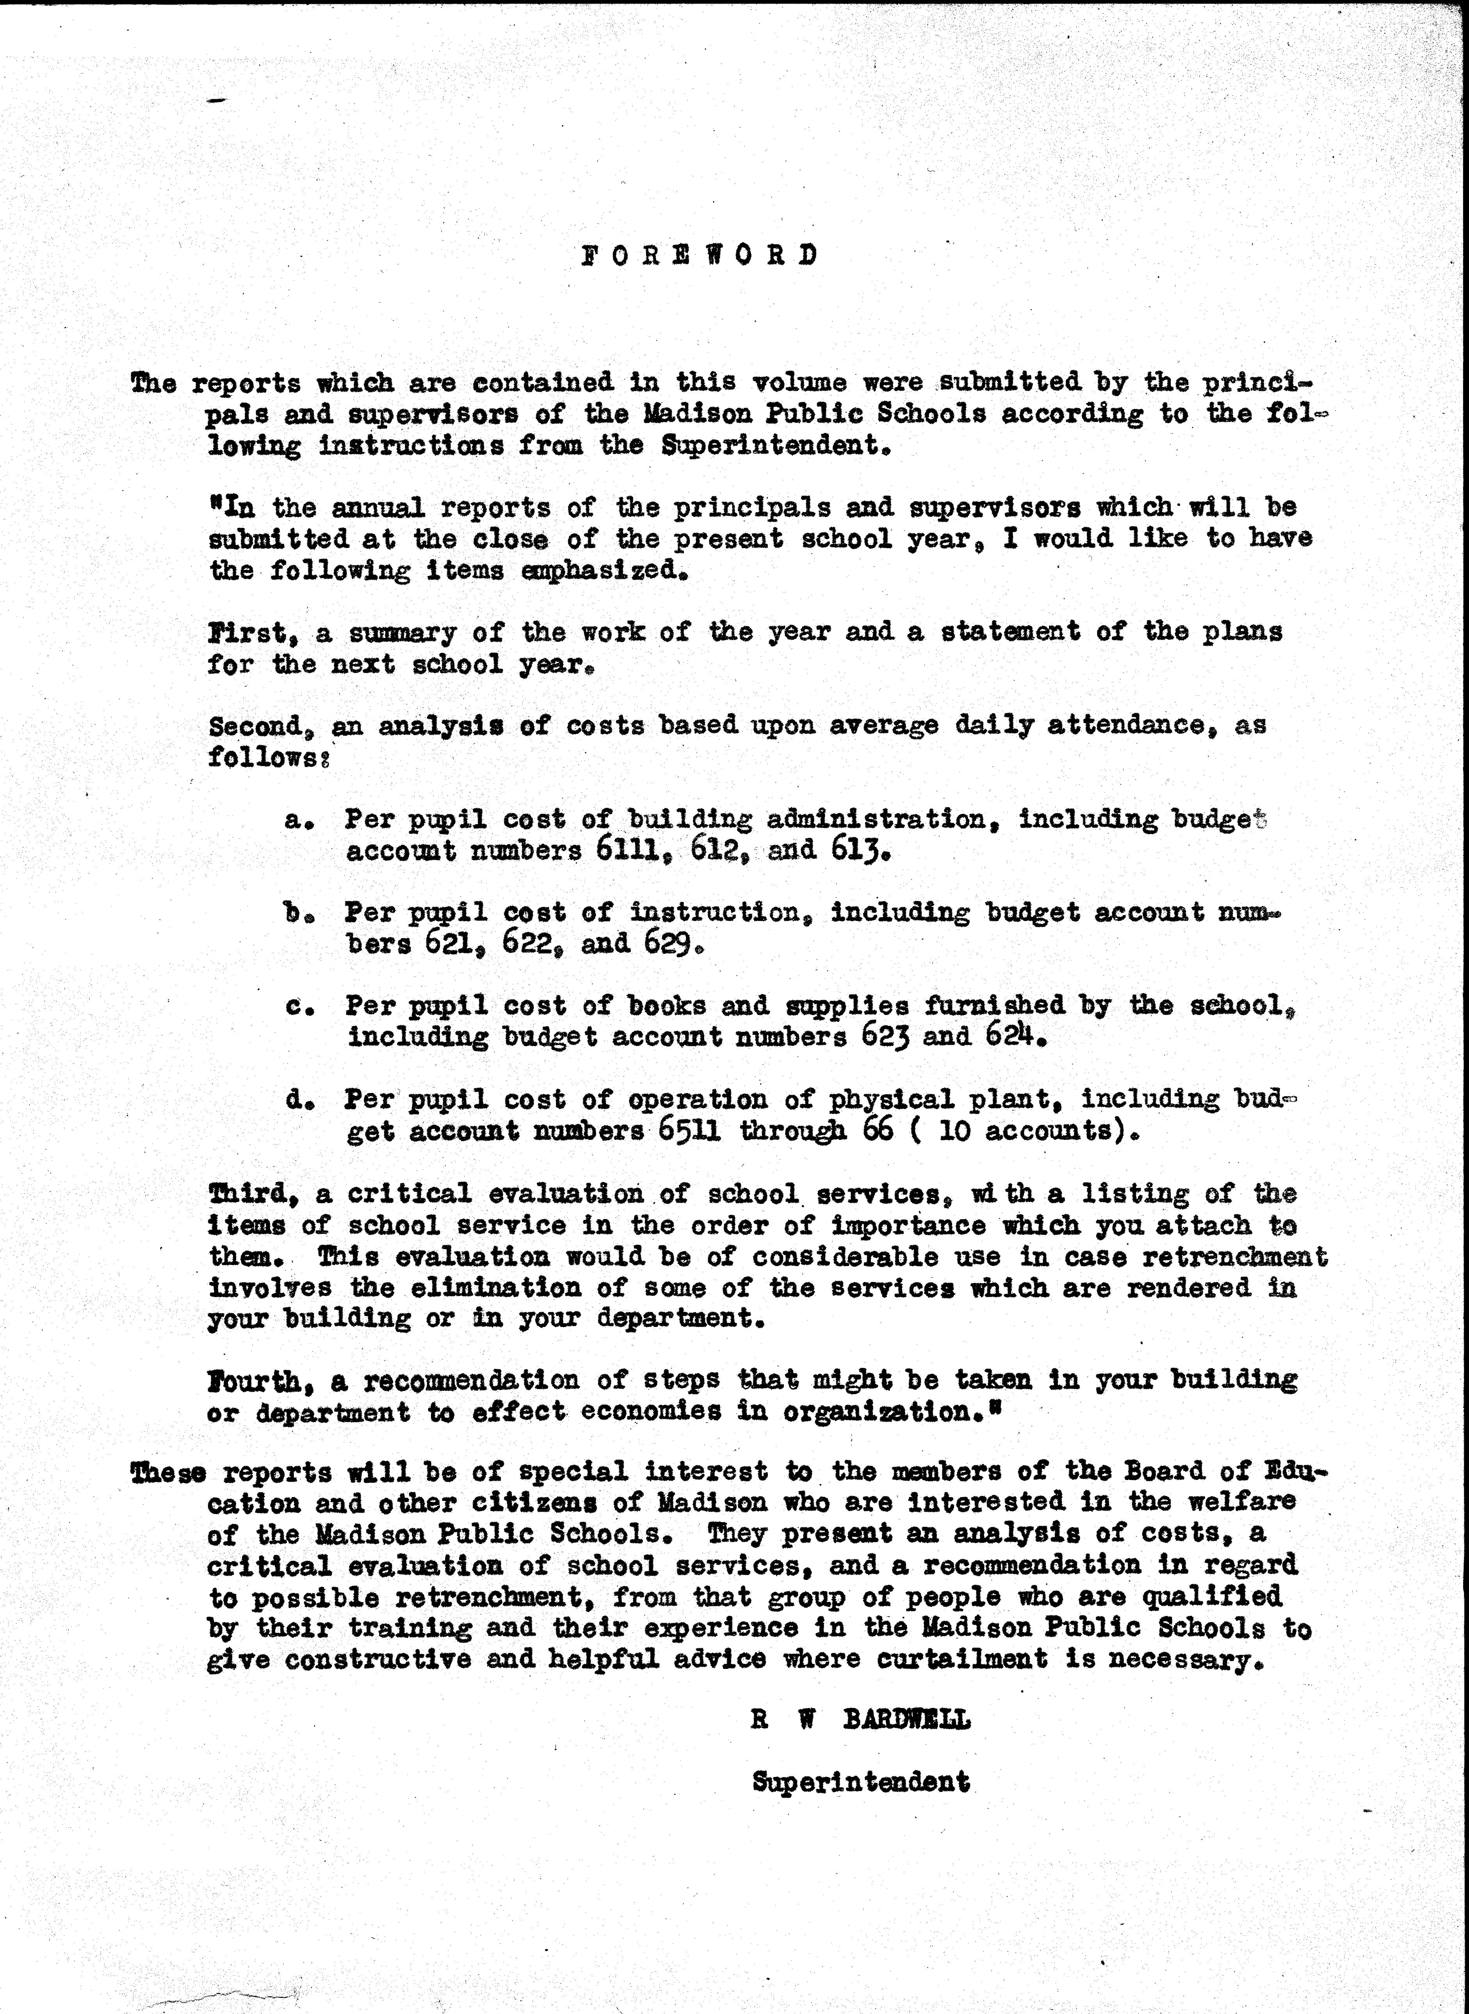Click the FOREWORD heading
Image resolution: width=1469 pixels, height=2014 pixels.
coord(699,255)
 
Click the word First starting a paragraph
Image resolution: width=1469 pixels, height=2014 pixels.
coord(246,632)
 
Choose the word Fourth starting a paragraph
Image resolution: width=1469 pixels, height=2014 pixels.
coord(256,1380)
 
